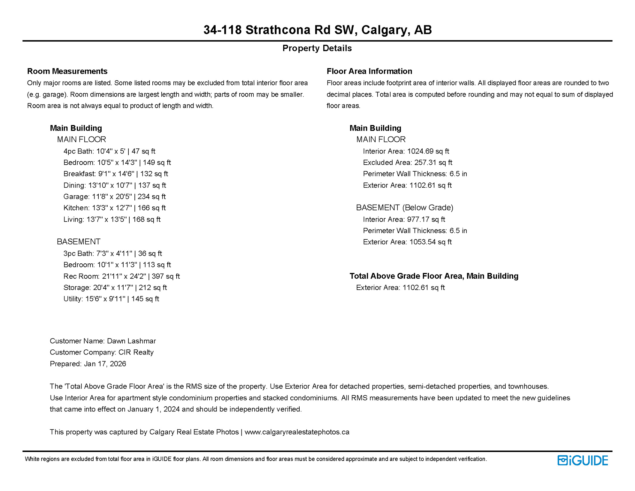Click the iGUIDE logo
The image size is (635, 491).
pyautogui.click(x=583, y=460)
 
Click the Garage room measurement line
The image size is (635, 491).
pyautogui.click(x=114, y=197)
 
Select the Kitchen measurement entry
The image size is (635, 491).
pyautogui.click(x=114, y=208)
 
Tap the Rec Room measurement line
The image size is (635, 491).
pyautogui.click(x=121, y=276)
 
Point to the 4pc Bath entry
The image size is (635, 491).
pyautogui.click(x=109, y=151)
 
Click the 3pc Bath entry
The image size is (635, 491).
pyautogui.click(x=112, y=253)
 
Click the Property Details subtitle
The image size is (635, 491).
pyautogui.click(x=317, y=48)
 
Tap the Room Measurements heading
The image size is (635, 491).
pyautogui.click(x=67, y=71)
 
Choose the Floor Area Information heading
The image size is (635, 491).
pyautogui.click(x=369, y=71)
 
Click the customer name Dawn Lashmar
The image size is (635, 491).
pyautogui.click(x=131, y=341)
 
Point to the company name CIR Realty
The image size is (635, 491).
pyautogui.click(x=136, y=352)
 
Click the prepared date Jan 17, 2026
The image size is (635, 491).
pyautogui.click(x=105, y=364)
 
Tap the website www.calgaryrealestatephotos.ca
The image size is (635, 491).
pyautogui.click(x=297, y=432)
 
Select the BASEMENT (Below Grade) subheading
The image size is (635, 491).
pyautogui.click(x=405, y=208)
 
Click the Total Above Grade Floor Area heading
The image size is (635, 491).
pyautogui.click(x=434, y=276)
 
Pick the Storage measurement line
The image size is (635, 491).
pyautogui.click(x=115, y=288)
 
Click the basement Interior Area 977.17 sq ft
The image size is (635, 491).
pyautogui.click(x=426, y=220)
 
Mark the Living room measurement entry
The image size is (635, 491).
pyautogui.click(x=112, y=220)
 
